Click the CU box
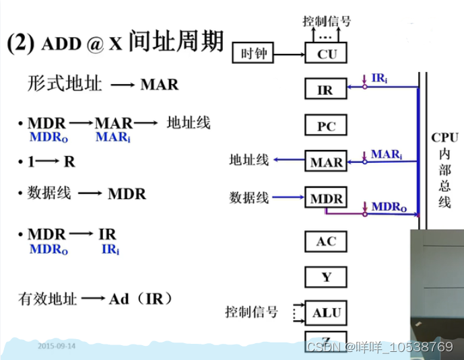(327, 55)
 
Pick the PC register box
(326, 126)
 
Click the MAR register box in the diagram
(326, 162)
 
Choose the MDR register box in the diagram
(326, 199)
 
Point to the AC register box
(326, 242)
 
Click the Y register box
(326, 277)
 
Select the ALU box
(327, 312)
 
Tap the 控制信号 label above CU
(327, 21)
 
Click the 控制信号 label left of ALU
(251, 312)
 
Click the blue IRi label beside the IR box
(379, 79)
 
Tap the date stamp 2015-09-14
(57, 346)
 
